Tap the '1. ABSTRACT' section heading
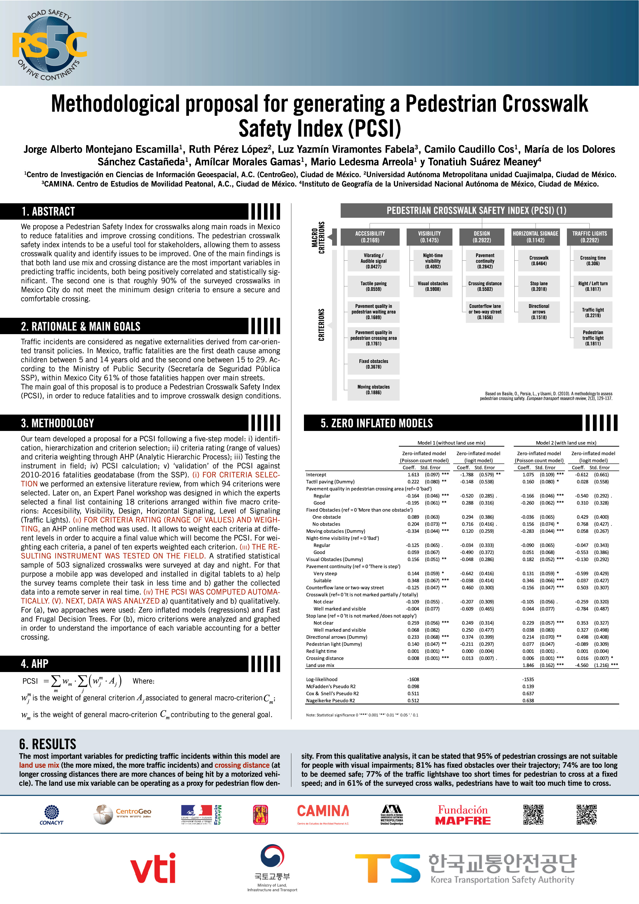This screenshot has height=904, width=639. pos(48,211)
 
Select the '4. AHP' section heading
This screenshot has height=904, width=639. pos(35,664)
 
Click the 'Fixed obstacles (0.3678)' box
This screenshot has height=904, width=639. pos(373,364)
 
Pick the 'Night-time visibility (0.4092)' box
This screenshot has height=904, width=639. pos(433,261)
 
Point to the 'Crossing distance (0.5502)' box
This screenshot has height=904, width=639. pos(485,286)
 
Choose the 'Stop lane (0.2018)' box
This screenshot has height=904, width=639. pos(539,286)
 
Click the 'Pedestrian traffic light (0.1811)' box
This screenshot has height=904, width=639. pos(593,338)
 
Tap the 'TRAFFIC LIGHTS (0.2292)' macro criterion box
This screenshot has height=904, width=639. pos(589,237)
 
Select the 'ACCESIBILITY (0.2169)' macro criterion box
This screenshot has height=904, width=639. pos(370,237)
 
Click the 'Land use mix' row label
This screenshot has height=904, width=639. pos(320,665)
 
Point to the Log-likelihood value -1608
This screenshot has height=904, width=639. pos(413,679)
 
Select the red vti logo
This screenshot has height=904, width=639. pos(153,868)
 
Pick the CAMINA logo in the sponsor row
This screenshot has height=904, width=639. pos(323,814)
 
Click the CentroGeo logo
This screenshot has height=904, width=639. pos(122,814)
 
